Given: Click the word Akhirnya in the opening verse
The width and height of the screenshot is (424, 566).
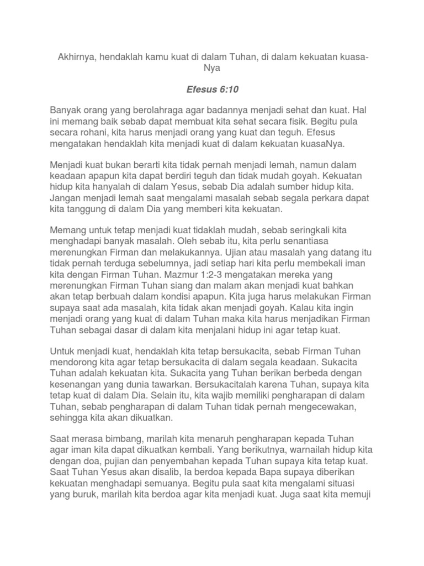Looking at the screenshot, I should (x=76, y=58).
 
